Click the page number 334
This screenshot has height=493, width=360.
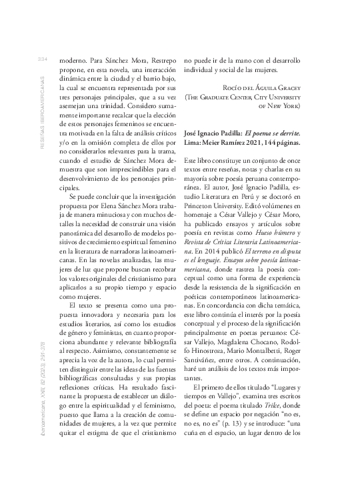click(x=41, y=59)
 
